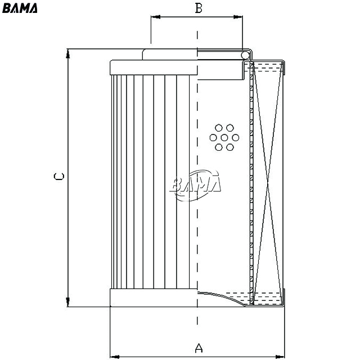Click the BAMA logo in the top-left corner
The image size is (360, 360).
(x=20, y=8)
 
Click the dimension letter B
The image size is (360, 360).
(x=199, y=8)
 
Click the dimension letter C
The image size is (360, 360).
(x=58, y=176)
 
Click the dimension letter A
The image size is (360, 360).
(x=199, y=348)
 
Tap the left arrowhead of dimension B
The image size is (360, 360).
(x=155, y=17)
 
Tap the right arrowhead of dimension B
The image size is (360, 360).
(x=238, y=17)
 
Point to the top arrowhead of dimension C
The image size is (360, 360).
(x=67, y=53)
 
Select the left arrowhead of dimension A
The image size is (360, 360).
(x=115, y=357)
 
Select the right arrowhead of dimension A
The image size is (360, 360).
(x=280, y=357)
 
